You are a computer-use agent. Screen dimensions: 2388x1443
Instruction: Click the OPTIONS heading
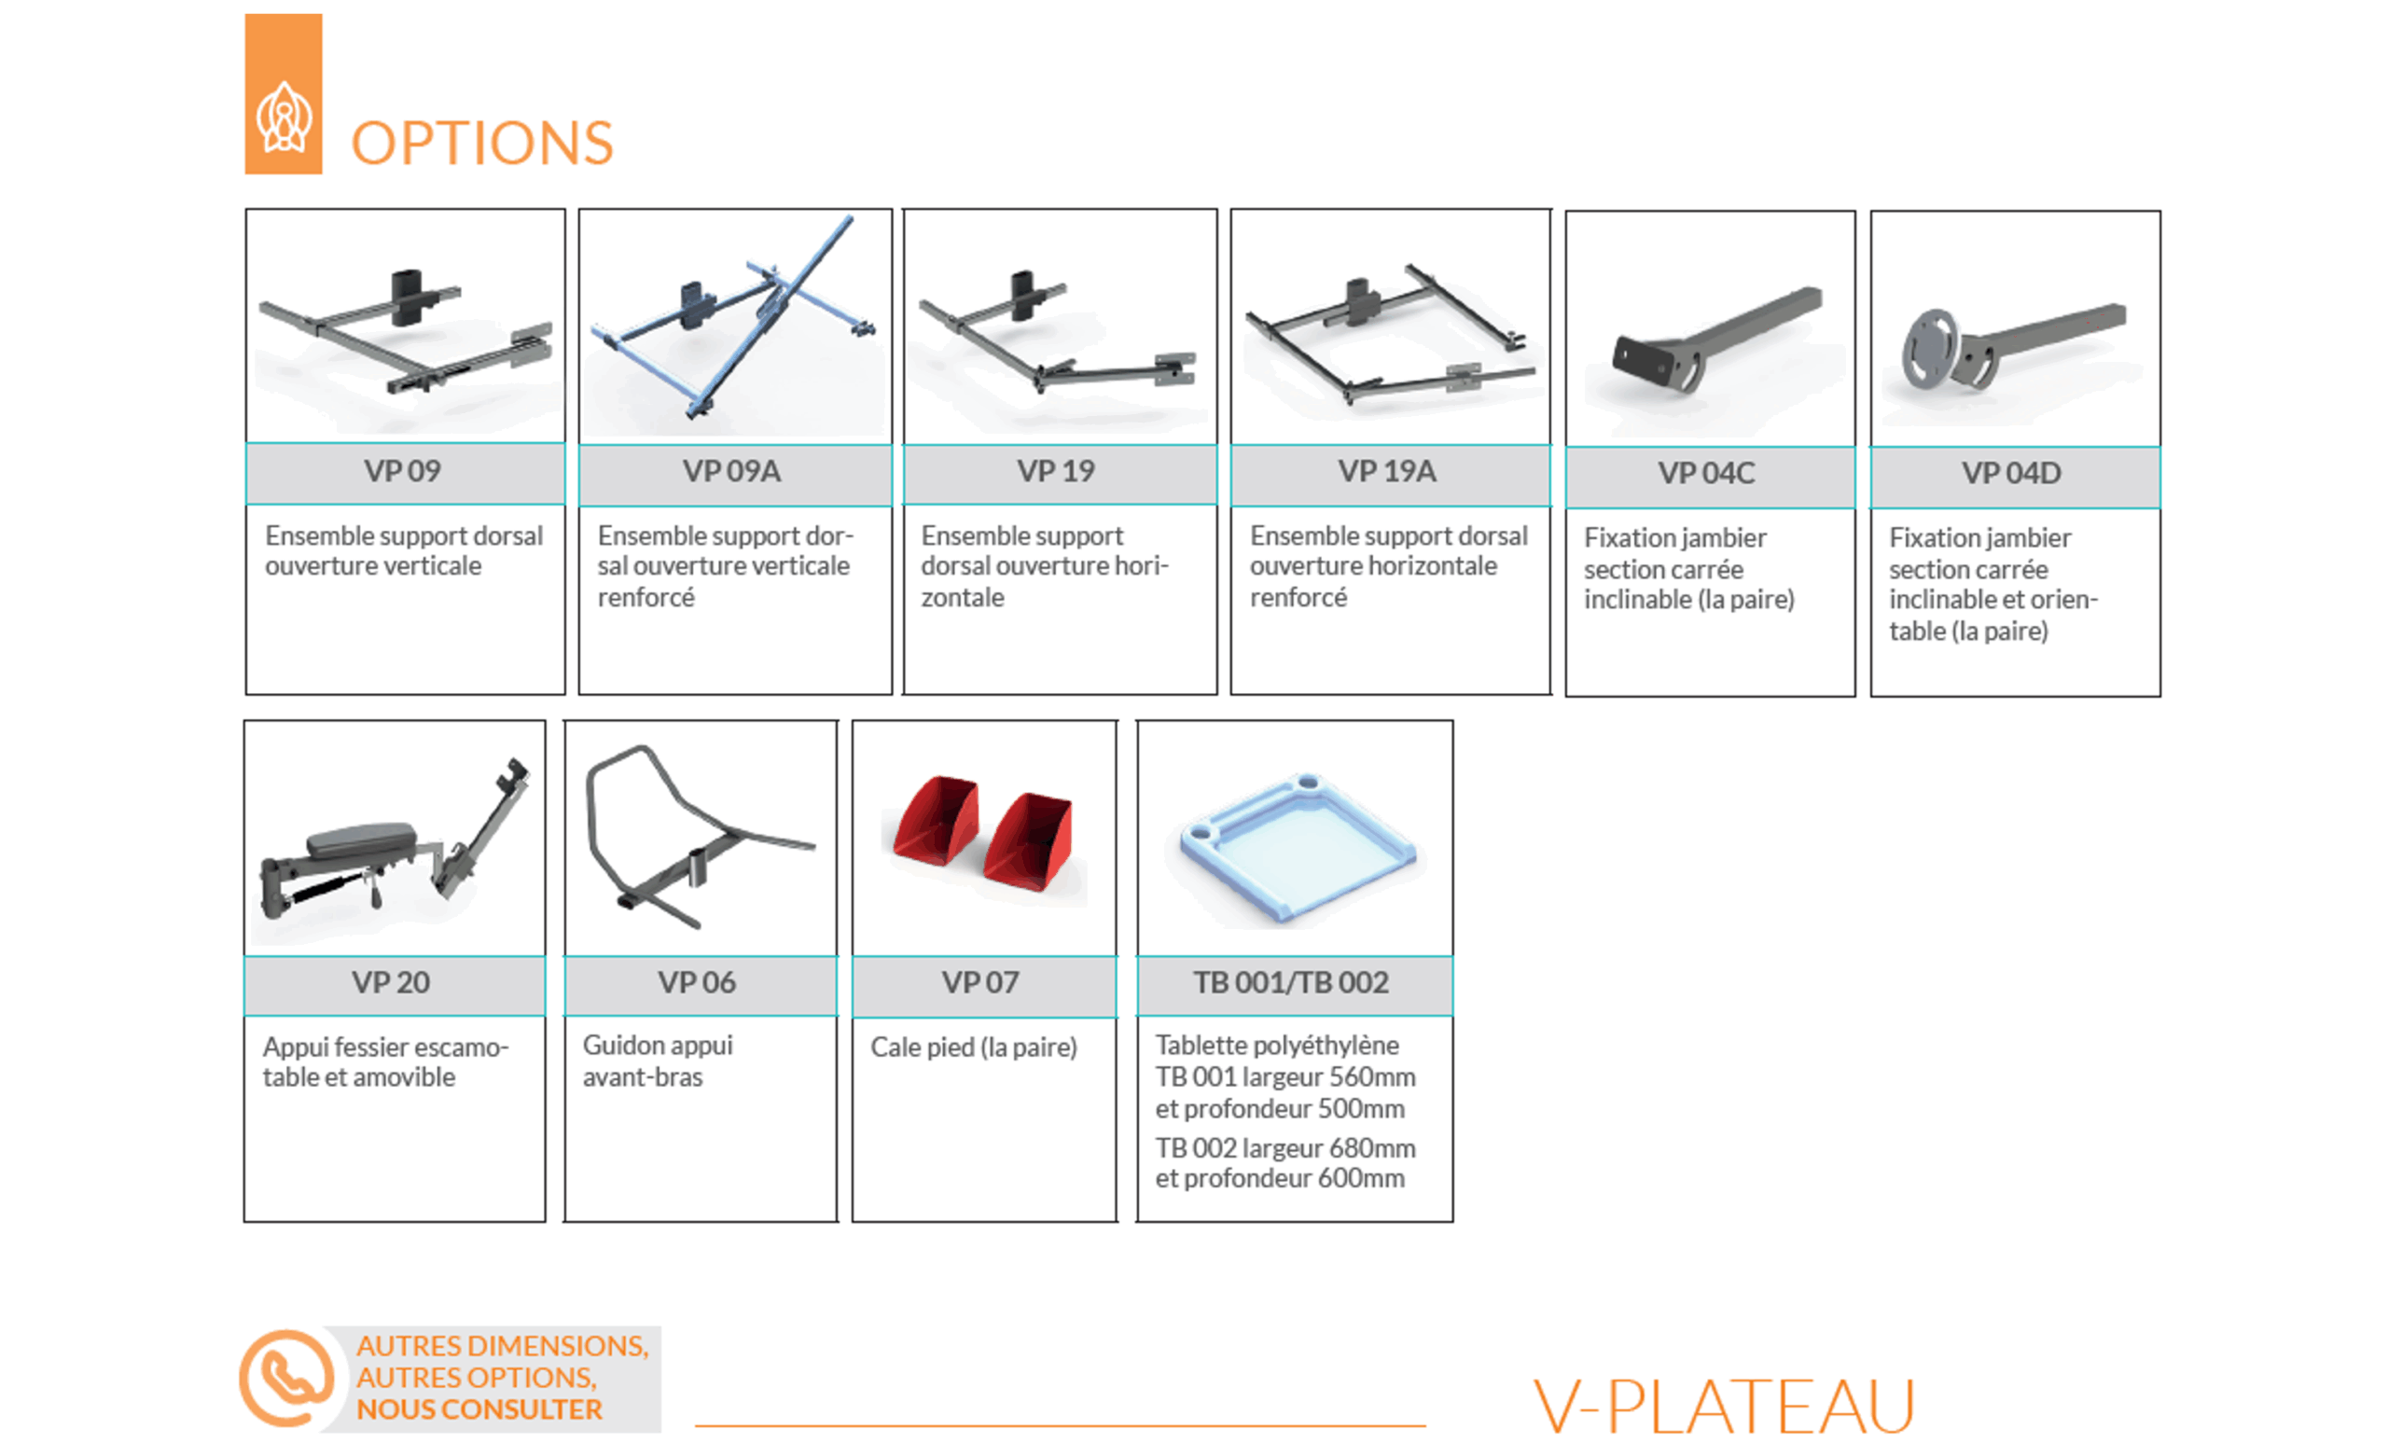481,144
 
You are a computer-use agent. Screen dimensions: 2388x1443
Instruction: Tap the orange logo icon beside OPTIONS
283,94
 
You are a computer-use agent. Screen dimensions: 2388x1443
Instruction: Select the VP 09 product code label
402,471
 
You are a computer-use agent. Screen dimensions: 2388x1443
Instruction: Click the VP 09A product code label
731,471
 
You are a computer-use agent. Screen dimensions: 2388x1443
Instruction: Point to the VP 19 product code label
1055,471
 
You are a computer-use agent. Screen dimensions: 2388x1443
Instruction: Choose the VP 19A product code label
1387,471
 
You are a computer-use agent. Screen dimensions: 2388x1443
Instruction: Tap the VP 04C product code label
1706,473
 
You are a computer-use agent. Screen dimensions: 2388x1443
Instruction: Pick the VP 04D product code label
2011,473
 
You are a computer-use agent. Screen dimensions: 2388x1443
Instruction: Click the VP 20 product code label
391,982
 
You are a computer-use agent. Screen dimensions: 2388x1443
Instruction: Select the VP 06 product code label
697,982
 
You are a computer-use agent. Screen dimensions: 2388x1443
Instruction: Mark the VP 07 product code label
980,982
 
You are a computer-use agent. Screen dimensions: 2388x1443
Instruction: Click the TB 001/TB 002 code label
1291,982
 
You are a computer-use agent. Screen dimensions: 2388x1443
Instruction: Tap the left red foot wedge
936,820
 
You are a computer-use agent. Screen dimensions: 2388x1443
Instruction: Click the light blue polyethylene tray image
1298,845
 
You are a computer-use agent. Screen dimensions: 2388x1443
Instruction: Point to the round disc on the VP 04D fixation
1930,349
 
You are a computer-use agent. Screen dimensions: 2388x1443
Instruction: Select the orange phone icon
287,1378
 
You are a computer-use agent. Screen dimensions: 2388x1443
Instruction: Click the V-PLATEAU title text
1723,1407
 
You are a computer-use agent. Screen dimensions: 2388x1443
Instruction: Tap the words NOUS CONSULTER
479,1409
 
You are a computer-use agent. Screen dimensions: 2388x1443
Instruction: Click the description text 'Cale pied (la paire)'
974,1048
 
